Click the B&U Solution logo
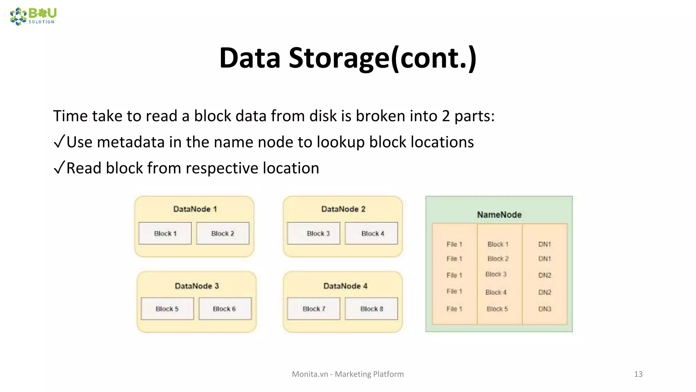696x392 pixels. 33,16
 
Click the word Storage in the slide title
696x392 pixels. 338,58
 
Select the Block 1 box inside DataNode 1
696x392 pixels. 165,233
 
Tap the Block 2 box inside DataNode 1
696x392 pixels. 223,233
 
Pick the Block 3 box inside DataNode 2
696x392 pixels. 314,233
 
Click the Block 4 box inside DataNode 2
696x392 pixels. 371,233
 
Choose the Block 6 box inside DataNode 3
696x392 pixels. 225,309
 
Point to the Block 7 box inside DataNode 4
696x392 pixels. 314,309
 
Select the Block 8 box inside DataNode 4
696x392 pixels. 371,309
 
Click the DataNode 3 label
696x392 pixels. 197,286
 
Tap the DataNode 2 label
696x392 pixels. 343,209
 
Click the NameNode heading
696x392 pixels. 499,215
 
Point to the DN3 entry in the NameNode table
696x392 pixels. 544,309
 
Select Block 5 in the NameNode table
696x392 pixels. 497,309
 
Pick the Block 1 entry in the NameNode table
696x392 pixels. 498,244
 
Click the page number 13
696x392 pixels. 638,374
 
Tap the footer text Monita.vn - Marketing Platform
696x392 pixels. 348,374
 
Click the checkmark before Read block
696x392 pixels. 59,167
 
